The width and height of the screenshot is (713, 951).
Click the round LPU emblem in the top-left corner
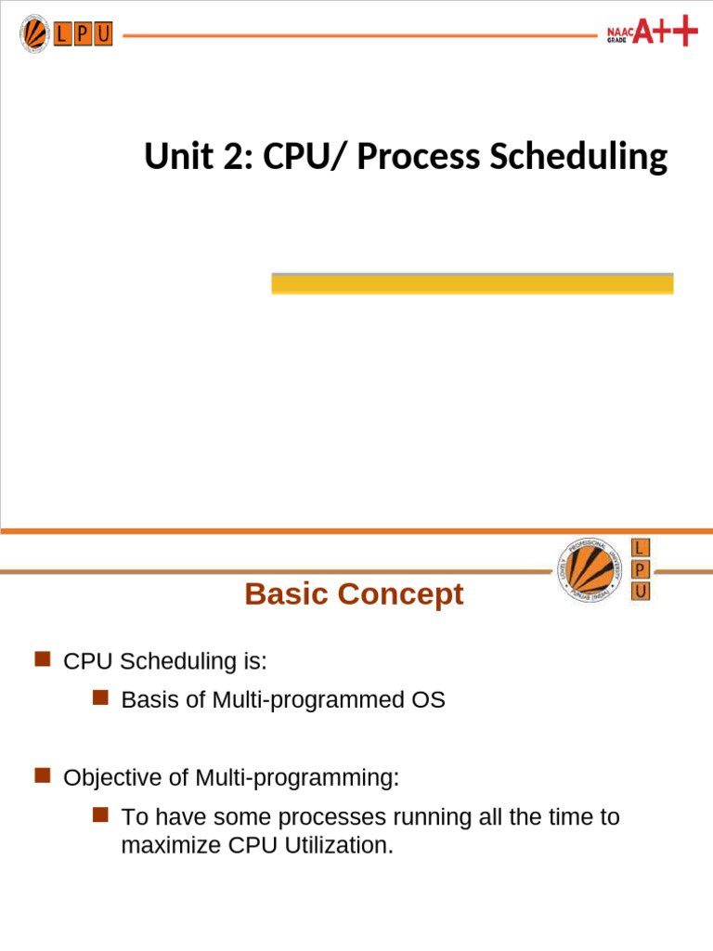click(34, 34)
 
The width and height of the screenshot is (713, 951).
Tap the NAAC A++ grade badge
click(652, 33)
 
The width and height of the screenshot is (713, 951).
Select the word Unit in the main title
click(174, 157)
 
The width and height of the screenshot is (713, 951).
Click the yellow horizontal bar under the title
click(472, 284)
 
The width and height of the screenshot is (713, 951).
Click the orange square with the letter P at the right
click(641, 569)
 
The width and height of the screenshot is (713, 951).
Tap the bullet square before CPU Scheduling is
click(42, 659)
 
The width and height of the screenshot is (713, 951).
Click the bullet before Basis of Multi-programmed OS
click(100, 697)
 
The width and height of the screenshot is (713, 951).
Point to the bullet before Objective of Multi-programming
click(42, 775)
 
